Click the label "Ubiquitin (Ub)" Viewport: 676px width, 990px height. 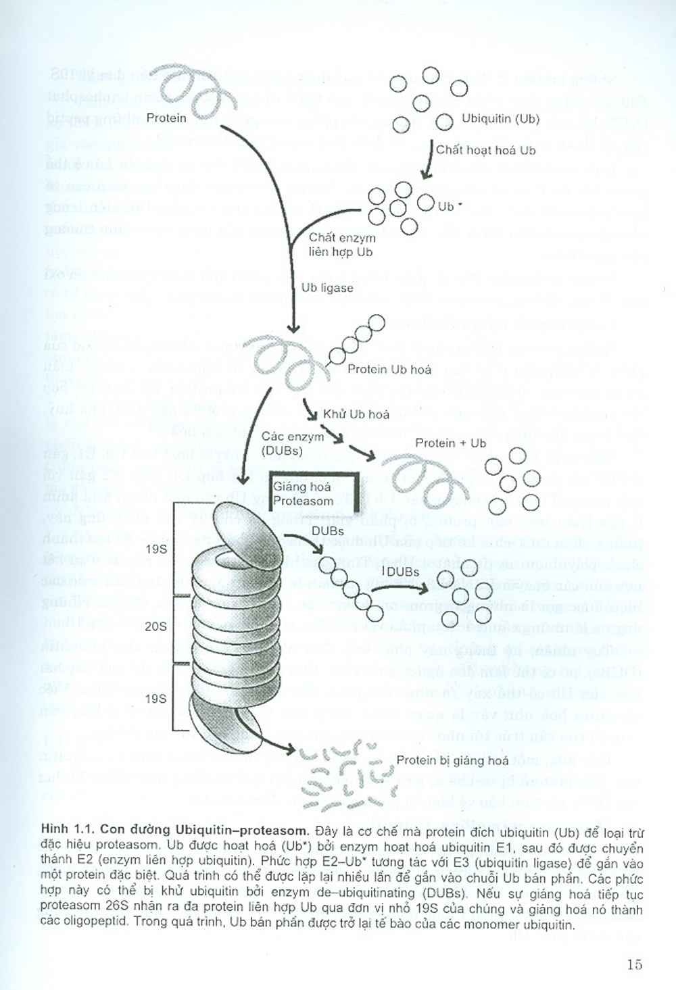pyautogui.click(x=500, y=119)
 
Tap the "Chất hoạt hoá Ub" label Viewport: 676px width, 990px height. pyautogui.click(x=485, y=150)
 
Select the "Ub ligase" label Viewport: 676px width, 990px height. pyautogui.click(x=327, y=288)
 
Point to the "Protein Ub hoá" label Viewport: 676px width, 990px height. pyautogui.click(x=389, y=370)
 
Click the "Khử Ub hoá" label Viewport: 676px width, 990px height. pyautogui.click(x=356, y=414)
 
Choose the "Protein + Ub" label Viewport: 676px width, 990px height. pyautogui.click(x=450, y=443)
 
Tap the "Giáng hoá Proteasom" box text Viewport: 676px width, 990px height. pyautogui.click(x=302, y=494)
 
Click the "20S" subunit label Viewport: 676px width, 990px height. pyautogui.click(x=155, y=626)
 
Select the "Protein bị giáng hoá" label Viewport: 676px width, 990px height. pyautogui.click(x=452, y=760)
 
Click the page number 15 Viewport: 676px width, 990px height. pyautogui.click(x=633, y=964)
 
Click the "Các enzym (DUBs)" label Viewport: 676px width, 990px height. pyautogui.click(x=283, y=444)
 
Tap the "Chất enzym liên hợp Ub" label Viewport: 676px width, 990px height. pyautogui.click(x=341, y=245)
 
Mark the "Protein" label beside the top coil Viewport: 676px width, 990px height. pyautogui.click(x=166, y=118)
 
